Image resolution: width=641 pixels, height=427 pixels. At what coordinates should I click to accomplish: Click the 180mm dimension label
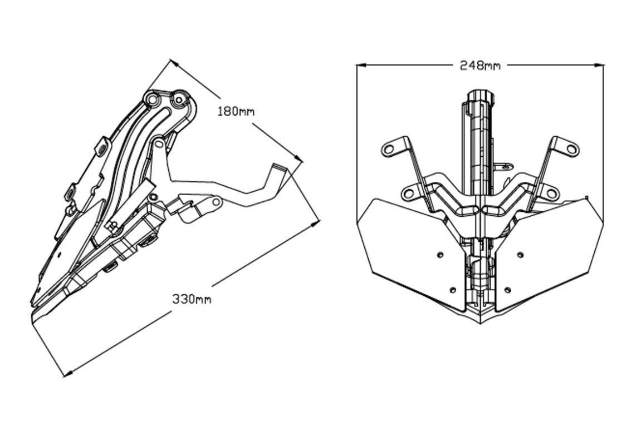tap(236, 111)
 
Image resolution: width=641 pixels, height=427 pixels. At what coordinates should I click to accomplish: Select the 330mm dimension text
tap(192, 299)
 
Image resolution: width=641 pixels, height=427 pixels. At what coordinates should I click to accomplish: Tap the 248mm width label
tap(480, 65)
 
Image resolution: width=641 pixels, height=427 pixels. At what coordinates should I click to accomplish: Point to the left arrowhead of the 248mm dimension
tap(361, 64)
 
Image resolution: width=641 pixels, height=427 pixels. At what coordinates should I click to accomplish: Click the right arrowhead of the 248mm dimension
tap(599, 64)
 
